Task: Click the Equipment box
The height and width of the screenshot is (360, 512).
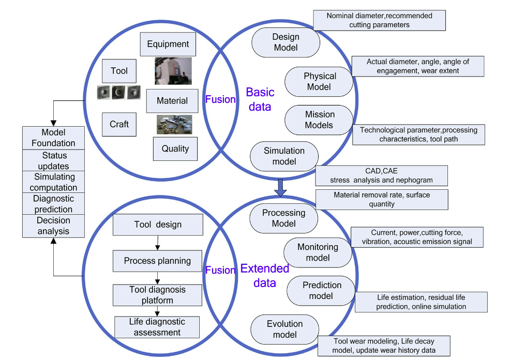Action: [x=168, y=44]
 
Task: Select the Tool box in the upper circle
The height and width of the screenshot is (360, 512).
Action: [x=119, y=70]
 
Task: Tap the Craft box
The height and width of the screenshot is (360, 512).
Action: [x=119, y=124]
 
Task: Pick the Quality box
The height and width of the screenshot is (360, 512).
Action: [x=175, y=148]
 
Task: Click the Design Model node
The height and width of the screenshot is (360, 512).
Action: [x=285, y=42]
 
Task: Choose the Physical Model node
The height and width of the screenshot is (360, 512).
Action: [x=319, y=81]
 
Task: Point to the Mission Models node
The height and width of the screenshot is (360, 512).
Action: [x=319, y=119]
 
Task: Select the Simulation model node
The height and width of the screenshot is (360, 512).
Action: [x=284, y=156]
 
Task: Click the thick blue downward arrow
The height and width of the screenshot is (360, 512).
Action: [x=280, y=187]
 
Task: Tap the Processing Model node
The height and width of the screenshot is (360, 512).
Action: [x=283, y=218]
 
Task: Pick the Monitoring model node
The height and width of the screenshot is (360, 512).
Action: [x=318, y=252]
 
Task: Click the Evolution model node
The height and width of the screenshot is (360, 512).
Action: [x=284, y=329]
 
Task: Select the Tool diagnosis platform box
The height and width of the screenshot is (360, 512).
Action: [x=157, y=295]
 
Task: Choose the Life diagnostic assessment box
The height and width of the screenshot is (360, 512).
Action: [x=157, y=327]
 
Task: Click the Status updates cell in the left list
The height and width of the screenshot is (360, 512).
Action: [x=53, y=160]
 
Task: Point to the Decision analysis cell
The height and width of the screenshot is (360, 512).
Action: [x=53, y=226]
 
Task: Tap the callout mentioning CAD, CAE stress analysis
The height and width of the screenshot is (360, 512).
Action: [x=382, y=175]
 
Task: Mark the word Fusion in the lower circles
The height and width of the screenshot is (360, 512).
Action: [x=220, y=270]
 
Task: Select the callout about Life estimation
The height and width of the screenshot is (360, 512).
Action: [x=421, y=302]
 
